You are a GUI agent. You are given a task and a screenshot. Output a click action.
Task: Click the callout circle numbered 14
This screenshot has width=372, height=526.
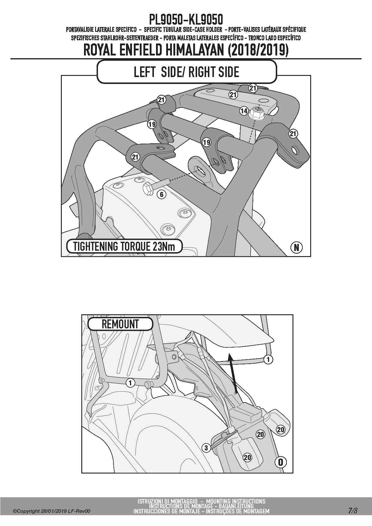point(244,111)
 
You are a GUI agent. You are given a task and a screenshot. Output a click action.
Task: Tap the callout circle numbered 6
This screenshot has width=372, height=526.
point(162,195)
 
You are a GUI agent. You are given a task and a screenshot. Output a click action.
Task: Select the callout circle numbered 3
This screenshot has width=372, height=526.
point(206,448)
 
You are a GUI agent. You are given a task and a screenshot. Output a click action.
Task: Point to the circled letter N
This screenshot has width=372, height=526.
point(296,247)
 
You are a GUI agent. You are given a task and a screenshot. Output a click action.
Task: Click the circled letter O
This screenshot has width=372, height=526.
point(280,462)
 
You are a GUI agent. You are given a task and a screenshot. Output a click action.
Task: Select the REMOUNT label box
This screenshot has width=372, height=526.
point(120,324)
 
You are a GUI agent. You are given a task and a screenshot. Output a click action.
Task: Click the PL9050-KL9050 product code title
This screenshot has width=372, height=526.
point(186,20)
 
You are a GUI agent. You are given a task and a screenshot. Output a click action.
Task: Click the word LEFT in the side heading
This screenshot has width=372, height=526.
point(145,72)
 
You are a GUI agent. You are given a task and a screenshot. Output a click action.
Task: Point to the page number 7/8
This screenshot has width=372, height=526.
point(353,511)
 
